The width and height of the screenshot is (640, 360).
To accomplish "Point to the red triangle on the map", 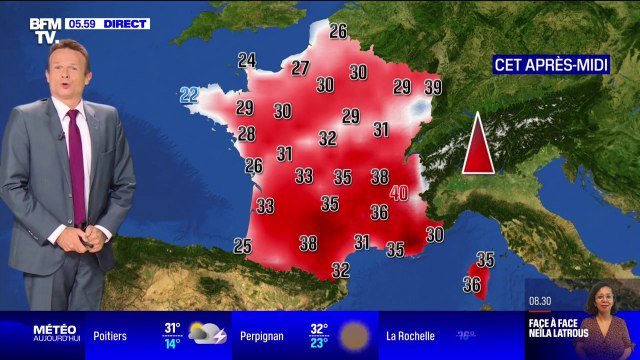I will coord(477,145).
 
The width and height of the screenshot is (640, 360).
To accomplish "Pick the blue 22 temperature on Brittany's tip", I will coord(189,96).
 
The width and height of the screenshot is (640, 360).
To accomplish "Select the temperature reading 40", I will coord(399,193).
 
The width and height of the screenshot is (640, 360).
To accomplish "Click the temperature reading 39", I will coord(433,87).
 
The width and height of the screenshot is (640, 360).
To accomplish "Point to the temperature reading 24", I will coord(247,59).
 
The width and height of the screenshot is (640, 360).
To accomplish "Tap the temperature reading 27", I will coord(300,68).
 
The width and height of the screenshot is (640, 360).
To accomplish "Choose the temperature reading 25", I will coord(242,245).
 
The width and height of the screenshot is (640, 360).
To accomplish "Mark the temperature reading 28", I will coord(246,134).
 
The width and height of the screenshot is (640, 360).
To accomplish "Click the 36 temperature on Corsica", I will coord(472,284).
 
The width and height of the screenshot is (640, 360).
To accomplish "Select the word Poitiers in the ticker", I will coord(111,336).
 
